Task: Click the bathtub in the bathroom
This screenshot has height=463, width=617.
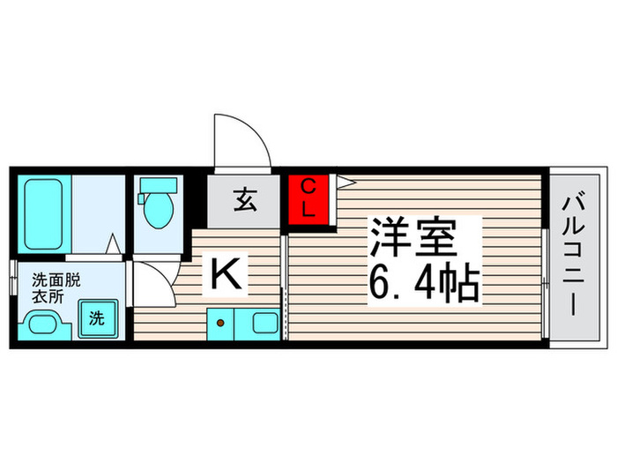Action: pos(43,214)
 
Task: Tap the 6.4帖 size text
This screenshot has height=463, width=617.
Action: pos(424,284)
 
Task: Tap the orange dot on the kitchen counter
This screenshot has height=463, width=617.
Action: pos(219,323)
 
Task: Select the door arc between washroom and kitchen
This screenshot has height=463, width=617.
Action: pos(152,284)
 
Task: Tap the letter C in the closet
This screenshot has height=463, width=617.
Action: pos(308,187)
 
